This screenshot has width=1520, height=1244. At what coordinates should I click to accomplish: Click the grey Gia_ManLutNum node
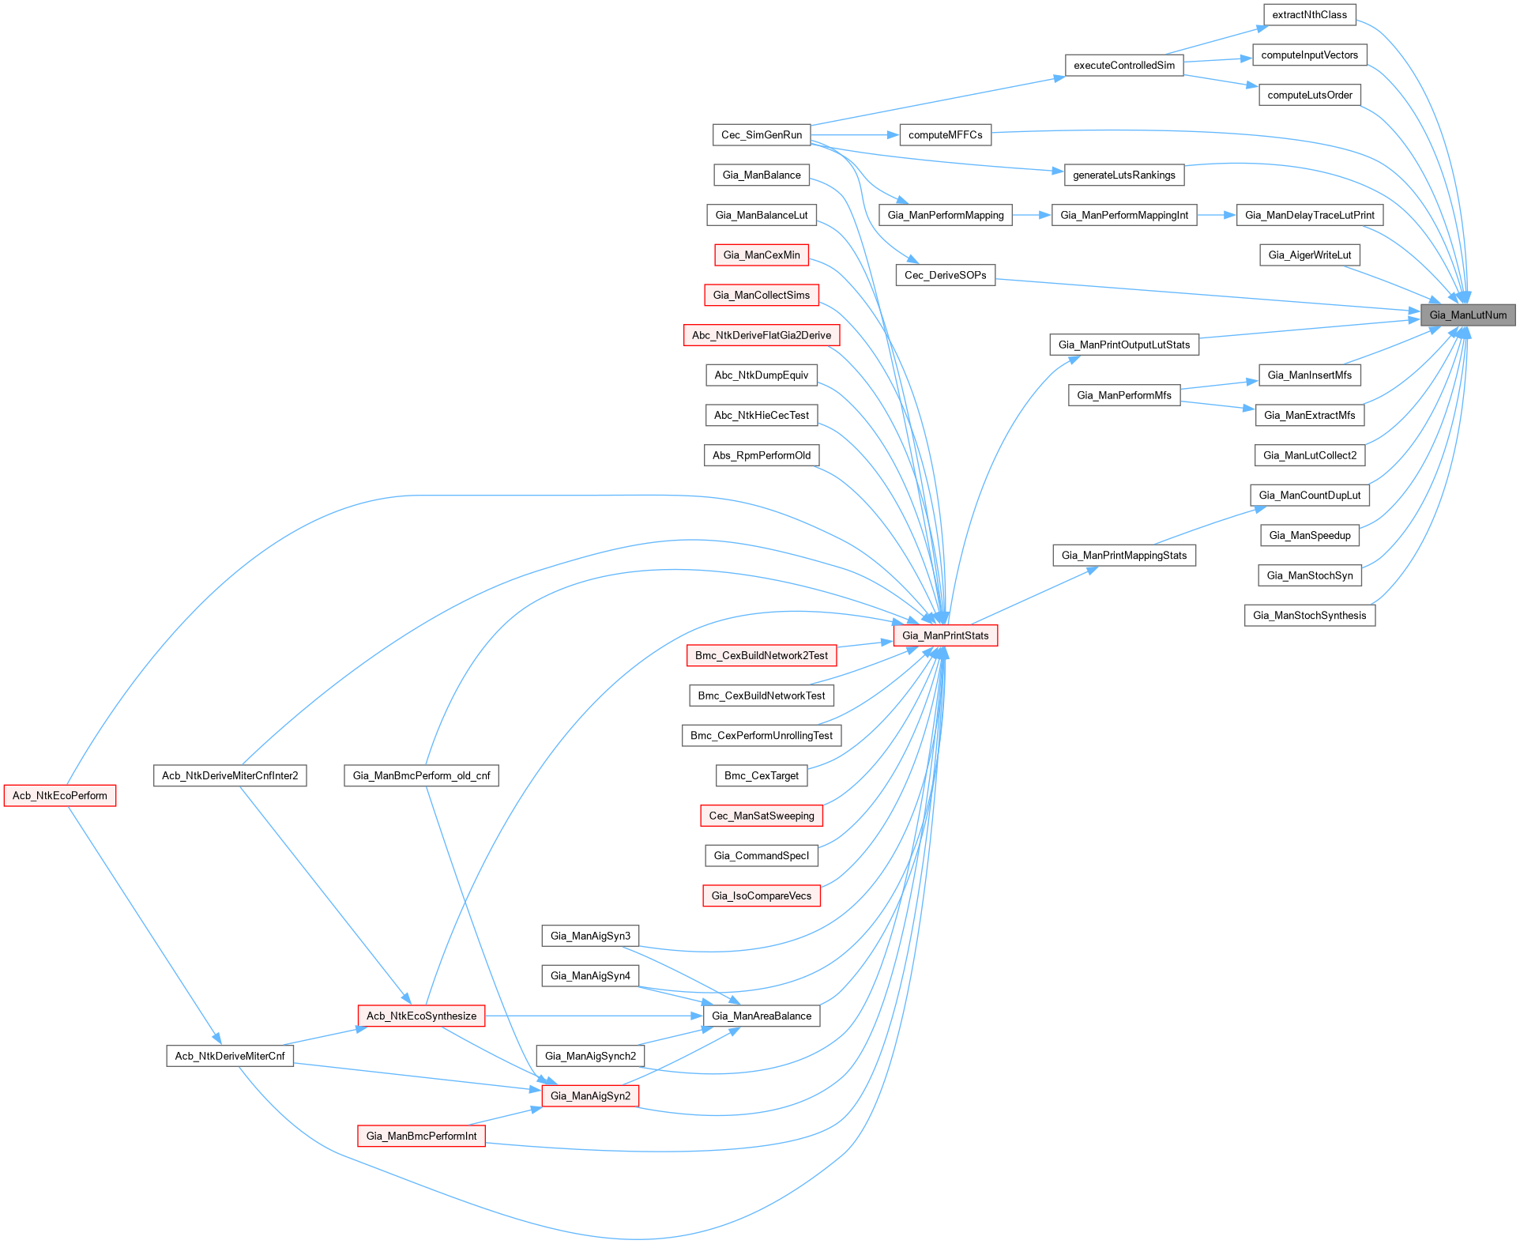tap(1467, 315)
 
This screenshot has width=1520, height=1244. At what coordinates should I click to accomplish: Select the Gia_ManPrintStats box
tap(945, 635)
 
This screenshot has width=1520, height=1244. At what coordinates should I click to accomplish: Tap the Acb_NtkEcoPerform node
tap(60, 796)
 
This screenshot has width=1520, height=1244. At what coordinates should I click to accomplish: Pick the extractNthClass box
tap(1309, 15)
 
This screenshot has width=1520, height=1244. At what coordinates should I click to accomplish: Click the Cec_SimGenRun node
tap(762, 135)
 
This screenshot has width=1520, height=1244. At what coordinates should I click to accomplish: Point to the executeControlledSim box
tap(1123, 66)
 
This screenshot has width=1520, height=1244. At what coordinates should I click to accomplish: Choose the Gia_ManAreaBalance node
tap(761, 1016)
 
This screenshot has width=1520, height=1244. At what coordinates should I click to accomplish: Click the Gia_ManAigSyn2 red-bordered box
tap(590, 1096)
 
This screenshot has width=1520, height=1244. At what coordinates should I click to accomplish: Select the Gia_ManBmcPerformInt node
tap(421, 1137)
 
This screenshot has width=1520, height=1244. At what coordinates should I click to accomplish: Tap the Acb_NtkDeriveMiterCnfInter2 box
tap(230, 776)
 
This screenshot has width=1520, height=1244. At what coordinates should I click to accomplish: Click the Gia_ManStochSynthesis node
tap(1309, 616)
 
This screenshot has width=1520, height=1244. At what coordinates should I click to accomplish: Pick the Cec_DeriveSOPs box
tap(945, 276)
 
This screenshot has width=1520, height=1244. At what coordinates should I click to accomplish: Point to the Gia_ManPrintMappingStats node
tap(1123, 556)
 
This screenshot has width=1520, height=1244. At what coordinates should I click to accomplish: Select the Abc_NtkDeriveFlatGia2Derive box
tap(761, 336)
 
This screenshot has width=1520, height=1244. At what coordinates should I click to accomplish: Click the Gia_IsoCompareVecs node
tap(761, 896)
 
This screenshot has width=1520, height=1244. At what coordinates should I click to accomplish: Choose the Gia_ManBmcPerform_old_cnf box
tap(421, 776)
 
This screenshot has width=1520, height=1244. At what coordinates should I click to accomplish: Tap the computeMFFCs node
tap(945, 135)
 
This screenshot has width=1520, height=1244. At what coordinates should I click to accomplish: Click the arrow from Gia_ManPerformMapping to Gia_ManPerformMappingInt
tap(1032, 215)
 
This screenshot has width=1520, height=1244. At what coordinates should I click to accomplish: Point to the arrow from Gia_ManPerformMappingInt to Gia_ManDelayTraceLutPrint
tap(1217, 215)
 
